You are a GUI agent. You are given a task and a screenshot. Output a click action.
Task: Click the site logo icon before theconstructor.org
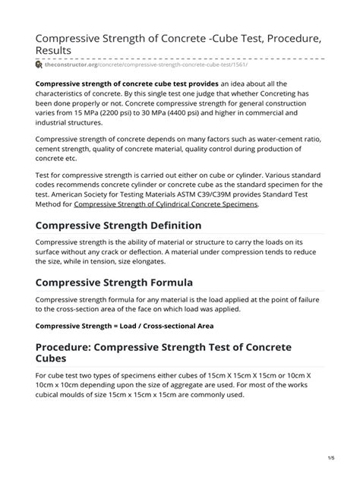(x=39, y=65)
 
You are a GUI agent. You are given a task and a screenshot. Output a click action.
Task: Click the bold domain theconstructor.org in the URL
(x=74, y=65)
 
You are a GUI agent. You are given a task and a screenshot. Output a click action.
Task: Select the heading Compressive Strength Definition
(x=118, y=226)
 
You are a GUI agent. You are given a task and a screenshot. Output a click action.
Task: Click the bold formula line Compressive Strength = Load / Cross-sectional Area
(x=125, y=326)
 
